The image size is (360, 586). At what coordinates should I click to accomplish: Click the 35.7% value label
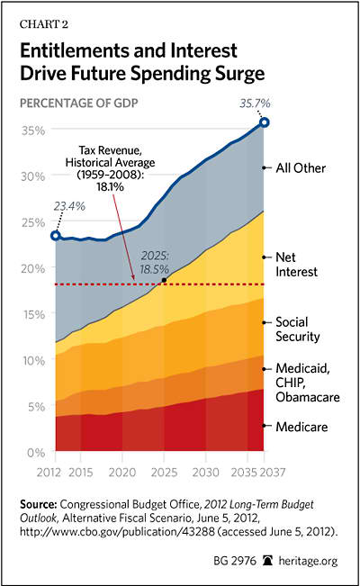pos(255,104)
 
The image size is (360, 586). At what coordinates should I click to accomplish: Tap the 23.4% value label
pos(69,206)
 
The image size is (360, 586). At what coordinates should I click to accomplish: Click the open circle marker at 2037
pos(265,122)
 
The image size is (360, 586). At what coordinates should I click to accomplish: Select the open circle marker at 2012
pos(56,236)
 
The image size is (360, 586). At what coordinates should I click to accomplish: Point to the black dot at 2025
pos(164,280)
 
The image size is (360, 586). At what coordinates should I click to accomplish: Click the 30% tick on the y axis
pos(33,176)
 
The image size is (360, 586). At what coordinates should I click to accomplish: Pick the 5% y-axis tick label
pos(36,407)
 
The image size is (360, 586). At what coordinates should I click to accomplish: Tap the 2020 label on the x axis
pos(121,473)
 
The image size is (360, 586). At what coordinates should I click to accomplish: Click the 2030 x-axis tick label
pos(205,473)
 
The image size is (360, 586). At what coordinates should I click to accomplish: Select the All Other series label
pos(301,168)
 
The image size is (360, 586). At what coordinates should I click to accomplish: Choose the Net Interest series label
pos(296,265)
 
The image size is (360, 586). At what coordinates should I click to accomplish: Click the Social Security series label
pos(298,329)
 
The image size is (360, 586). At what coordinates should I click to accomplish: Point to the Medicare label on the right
pos(301,427)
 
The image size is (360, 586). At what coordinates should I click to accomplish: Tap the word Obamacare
pos(308,397)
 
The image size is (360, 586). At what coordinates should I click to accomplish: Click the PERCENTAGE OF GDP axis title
pos(79,104)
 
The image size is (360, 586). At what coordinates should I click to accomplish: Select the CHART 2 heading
pos(44,24)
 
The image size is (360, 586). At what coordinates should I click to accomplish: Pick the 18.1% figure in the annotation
pos(110,186)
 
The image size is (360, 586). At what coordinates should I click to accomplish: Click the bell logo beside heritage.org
pos(267,561)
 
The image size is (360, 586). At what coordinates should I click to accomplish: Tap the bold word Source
pos(39,504)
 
